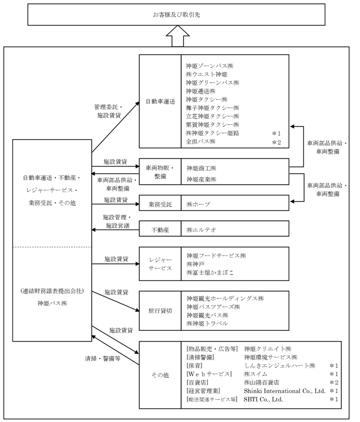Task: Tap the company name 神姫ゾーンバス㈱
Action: tap(212, 65)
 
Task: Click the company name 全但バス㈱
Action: tap(202, 142)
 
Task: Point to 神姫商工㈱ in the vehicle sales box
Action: tap(202, 168)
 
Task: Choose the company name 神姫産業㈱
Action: tap(202, 179)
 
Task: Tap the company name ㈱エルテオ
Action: tap(202, 230)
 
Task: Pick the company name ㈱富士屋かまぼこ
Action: tap(209, 272)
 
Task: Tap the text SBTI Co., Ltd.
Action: tap(263, 399)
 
